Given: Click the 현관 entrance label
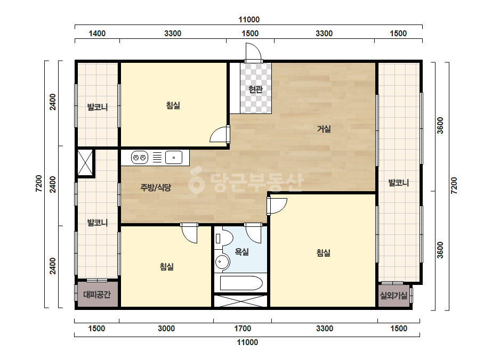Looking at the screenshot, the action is [x=255, y=89].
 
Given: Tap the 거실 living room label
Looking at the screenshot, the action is [x=324, y=128].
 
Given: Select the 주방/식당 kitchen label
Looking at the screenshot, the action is [x=156, y=187].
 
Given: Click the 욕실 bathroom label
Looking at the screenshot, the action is [x=242, y=251].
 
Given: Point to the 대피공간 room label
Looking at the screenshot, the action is [x=97, y=294].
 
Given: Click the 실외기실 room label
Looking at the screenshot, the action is [x=393, y=295].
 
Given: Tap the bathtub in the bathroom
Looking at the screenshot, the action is [x=241, y=283].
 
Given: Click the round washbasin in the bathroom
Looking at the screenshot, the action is [x=222, y=261].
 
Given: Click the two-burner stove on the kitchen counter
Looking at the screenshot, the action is [x=140, y=158].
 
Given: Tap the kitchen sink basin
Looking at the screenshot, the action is [x=174, y=158].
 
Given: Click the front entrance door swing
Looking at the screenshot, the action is [x=253, y=52].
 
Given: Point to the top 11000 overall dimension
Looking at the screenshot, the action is [x=249, y=20].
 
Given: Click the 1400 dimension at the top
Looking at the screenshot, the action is [x=97, y=34].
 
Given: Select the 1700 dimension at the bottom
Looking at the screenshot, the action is [x=243, y=329].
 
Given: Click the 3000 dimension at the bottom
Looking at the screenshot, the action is [x=166, y=329].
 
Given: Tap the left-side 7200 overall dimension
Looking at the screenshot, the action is [x=38, y=183].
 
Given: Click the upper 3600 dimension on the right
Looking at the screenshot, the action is [x=440, y=126].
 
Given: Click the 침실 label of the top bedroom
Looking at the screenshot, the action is [x=173, y=105].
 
